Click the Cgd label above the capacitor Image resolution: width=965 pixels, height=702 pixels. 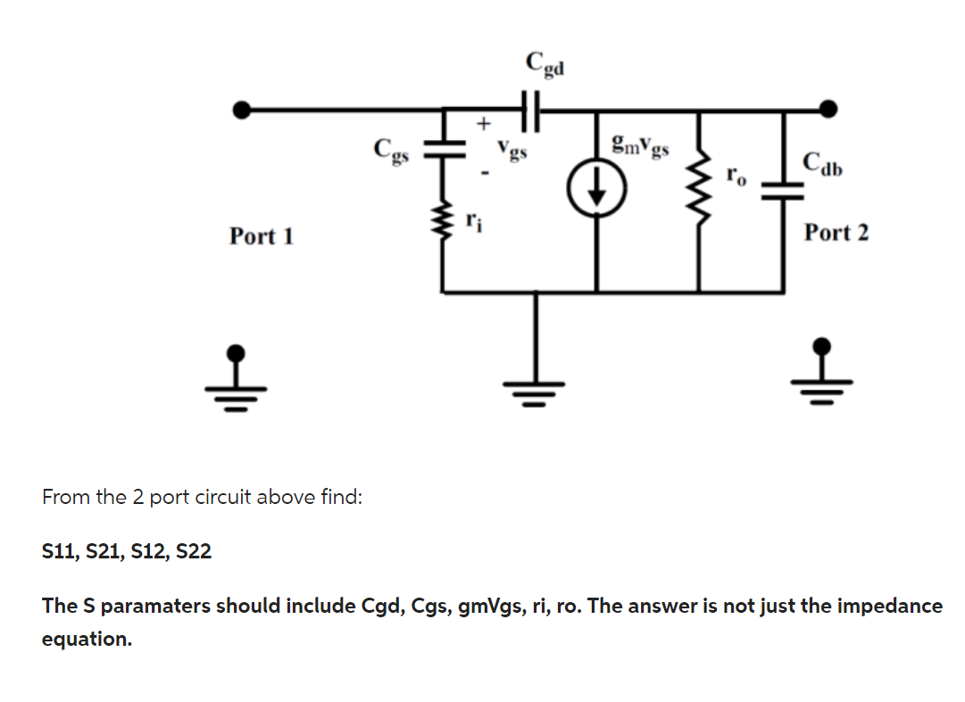(545, 64)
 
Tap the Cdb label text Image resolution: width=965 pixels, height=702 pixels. (824, 163)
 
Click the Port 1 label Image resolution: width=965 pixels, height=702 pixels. (261, 236)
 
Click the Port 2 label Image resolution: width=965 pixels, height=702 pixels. (836, 233)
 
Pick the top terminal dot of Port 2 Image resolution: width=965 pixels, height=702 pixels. (828, 109)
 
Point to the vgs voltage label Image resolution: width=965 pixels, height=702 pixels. (513, 149)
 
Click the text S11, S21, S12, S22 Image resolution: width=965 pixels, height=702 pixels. (127, 551)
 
